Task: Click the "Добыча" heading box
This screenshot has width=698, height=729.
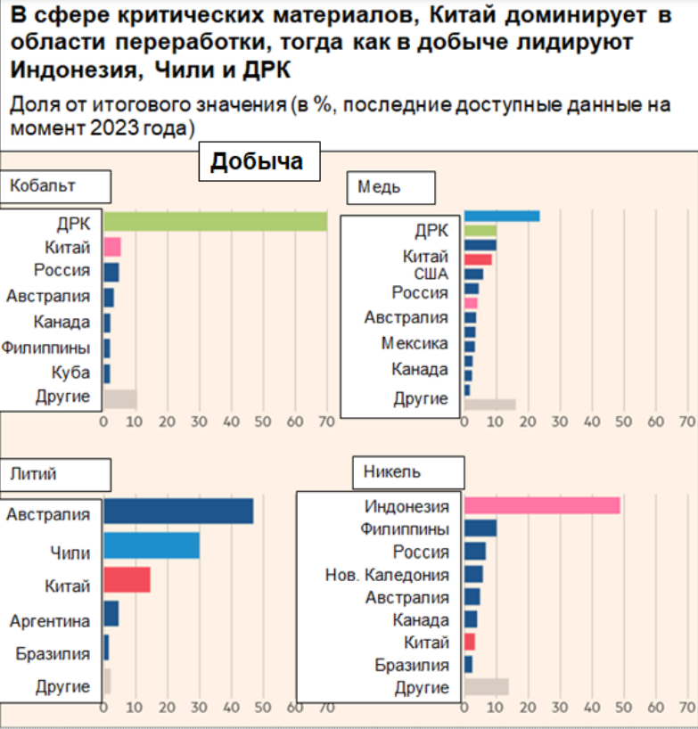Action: tap(257, 162)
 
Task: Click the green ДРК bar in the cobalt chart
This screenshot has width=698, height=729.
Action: tap(215, 222)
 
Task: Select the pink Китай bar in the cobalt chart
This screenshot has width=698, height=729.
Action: tap(112, 247)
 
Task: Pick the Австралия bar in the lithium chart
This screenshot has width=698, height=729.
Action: tap(178, 512)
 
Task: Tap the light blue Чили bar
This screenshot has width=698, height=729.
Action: tap(151, 545)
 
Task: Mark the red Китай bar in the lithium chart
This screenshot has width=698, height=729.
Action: tap(127, 580)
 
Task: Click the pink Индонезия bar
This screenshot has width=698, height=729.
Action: tap(542, 506)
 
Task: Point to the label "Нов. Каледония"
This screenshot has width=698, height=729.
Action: tap(387, 575)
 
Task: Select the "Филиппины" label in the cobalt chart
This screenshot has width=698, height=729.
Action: tap(46, 348)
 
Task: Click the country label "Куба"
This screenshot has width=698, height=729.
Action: tap(71, 373)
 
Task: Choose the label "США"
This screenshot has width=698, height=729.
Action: tap(431, 274)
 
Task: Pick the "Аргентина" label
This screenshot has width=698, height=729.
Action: tap(50, 620)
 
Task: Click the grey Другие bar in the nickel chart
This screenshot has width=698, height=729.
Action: tap(486, 686)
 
